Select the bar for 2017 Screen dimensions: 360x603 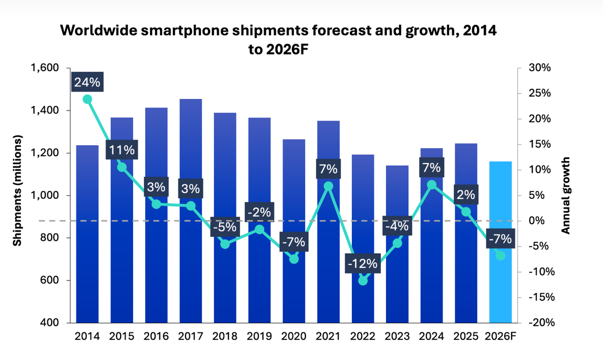click(x=190, y=261)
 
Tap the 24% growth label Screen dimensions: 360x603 click(x=87, y=82)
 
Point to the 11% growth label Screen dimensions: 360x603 click(x=122, y=150)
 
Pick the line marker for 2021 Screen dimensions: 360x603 click(x=329, y=186)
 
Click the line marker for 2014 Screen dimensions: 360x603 click(x=87, y=99)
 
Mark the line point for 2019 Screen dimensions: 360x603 click(x=259, y=229)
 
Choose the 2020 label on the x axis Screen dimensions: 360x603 click(x=294, y=336)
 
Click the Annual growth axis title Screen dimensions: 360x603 click(x=566, y=195)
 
